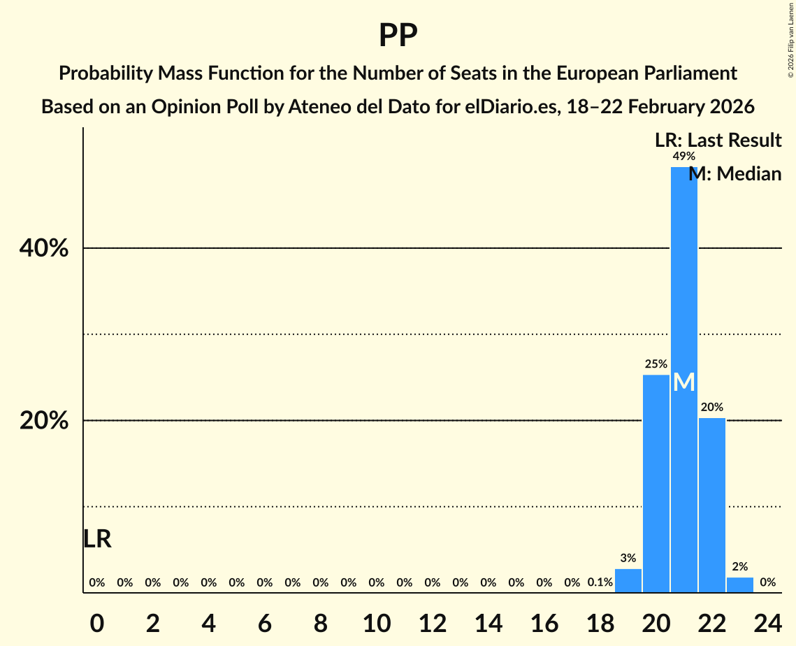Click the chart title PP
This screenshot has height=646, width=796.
point(398,35)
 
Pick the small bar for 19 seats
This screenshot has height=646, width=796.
point(628,581)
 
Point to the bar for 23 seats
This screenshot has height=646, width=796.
point(740,585)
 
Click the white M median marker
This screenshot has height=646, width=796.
point(684,382)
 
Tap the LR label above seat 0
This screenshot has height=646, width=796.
point(97,539)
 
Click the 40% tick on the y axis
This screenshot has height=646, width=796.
point(48,248)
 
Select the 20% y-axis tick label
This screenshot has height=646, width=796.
point(48,421)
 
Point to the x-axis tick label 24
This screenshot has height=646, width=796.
point(767,623)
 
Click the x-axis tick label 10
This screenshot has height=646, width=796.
point(377,623)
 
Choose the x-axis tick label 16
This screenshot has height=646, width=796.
point(544,623)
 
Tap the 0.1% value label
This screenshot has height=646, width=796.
point(600,582)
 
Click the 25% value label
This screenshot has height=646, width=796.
point(656,364)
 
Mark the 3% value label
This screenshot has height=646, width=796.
point(628,558)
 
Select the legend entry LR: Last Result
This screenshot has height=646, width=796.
point(718,141)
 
